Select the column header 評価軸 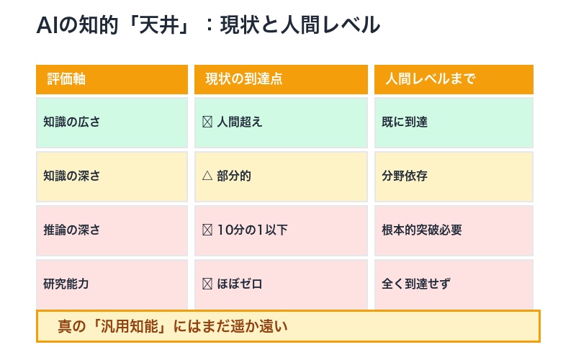(66, 79)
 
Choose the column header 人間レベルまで (430, 79)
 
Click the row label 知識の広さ (71, 122)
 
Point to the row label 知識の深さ (71, 176)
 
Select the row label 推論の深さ (71, 230)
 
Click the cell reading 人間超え (240, 122)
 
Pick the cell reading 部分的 (234, 176)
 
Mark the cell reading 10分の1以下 (252, 230)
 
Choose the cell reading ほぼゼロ (240, 284)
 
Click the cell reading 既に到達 (405, 122)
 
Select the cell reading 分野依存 (405, 176)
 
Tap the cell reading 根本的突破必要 (422, 230)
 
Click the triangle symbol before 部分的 (207, 176)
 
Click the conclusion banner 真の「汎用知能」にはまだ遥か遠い (288, 326)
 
